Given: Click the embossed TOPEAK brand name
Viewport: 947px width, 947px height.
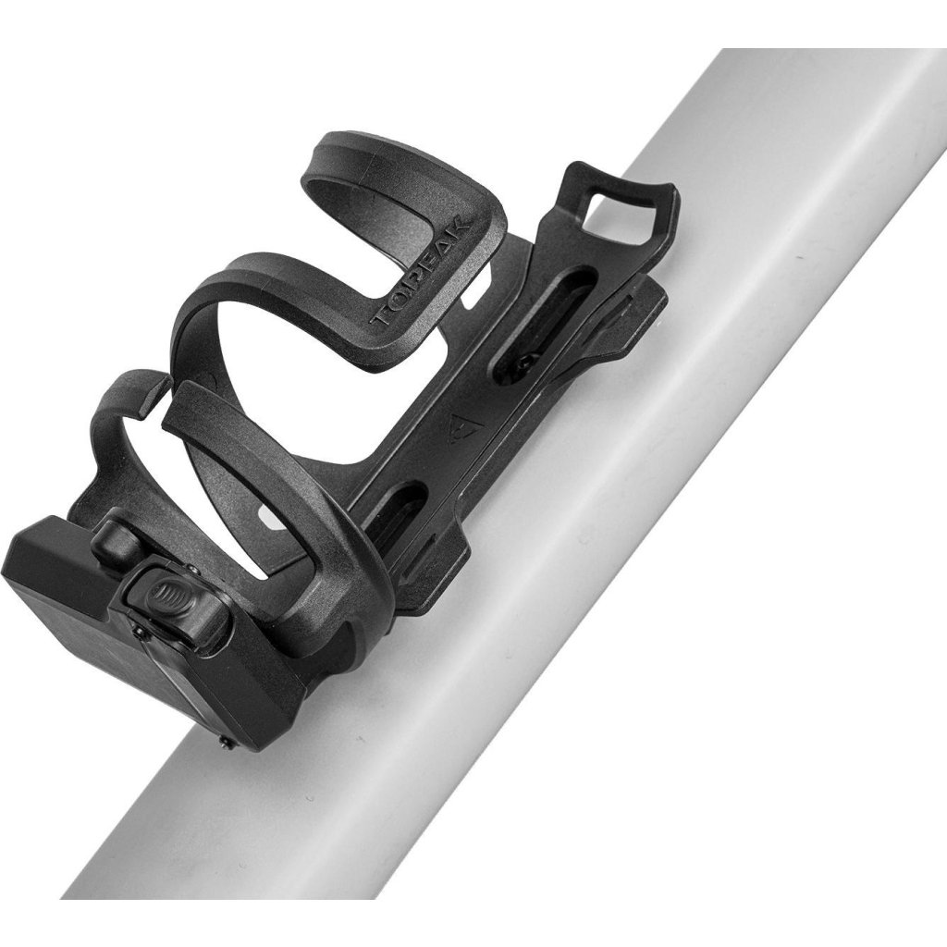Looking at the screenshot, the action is click(x=423, y=271).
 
